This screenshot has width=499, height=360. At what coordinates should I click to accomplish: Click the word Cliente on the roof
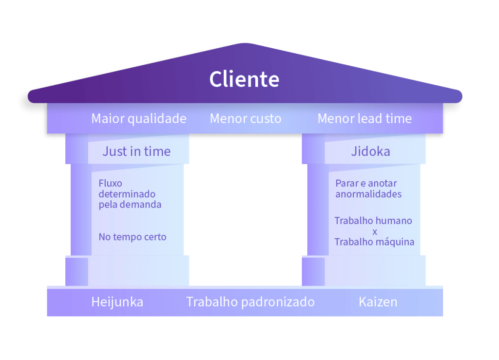(x=244, y=79)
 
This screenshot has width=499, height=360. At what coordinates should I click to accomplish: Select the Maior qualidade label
(x=139, y=118)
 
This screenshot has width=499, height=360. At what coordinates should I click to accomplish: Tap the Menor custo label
(x=246, y=118)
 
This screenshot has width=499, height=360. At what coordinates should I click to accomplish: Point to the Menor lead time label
(x=365, y=118)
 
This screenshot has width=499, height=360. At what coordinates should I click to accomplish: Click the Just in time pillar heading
(x=136, y=152)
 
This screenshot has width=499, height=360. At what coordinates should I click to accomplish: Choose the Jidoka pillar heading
(x=370, y=152)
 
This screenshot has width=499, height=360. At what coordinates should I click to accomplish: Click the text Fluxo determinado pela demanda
(x=130, y=194)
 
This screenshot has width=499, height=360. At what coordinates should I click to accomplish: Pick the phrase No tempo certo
(x=132, y=237)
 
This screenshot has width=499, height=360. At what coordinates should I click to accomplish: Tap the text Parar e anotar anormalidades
(x=368, y=189)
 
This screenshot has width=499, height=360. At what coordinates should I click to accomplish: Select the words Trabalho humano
(x=373, y=221)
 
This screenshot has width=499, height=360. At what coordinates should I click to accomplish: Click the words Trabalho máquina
(x=374, y=242)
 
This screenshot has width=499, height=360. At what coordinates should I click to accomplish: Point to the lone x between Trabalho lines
(x=374, y=231)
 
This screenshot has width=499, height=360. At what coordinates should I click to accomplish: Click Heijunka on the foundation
(x=117, y=302)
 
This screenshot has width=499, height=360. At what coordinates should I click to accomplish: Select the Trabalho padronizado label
(x=250, y=302)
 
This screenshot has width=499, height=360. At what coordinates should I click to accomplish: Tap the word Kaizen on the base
(x=378, y=302)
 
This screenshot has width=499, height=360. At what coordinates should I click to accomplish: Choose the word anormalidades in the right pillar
(x=368, y=194)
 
